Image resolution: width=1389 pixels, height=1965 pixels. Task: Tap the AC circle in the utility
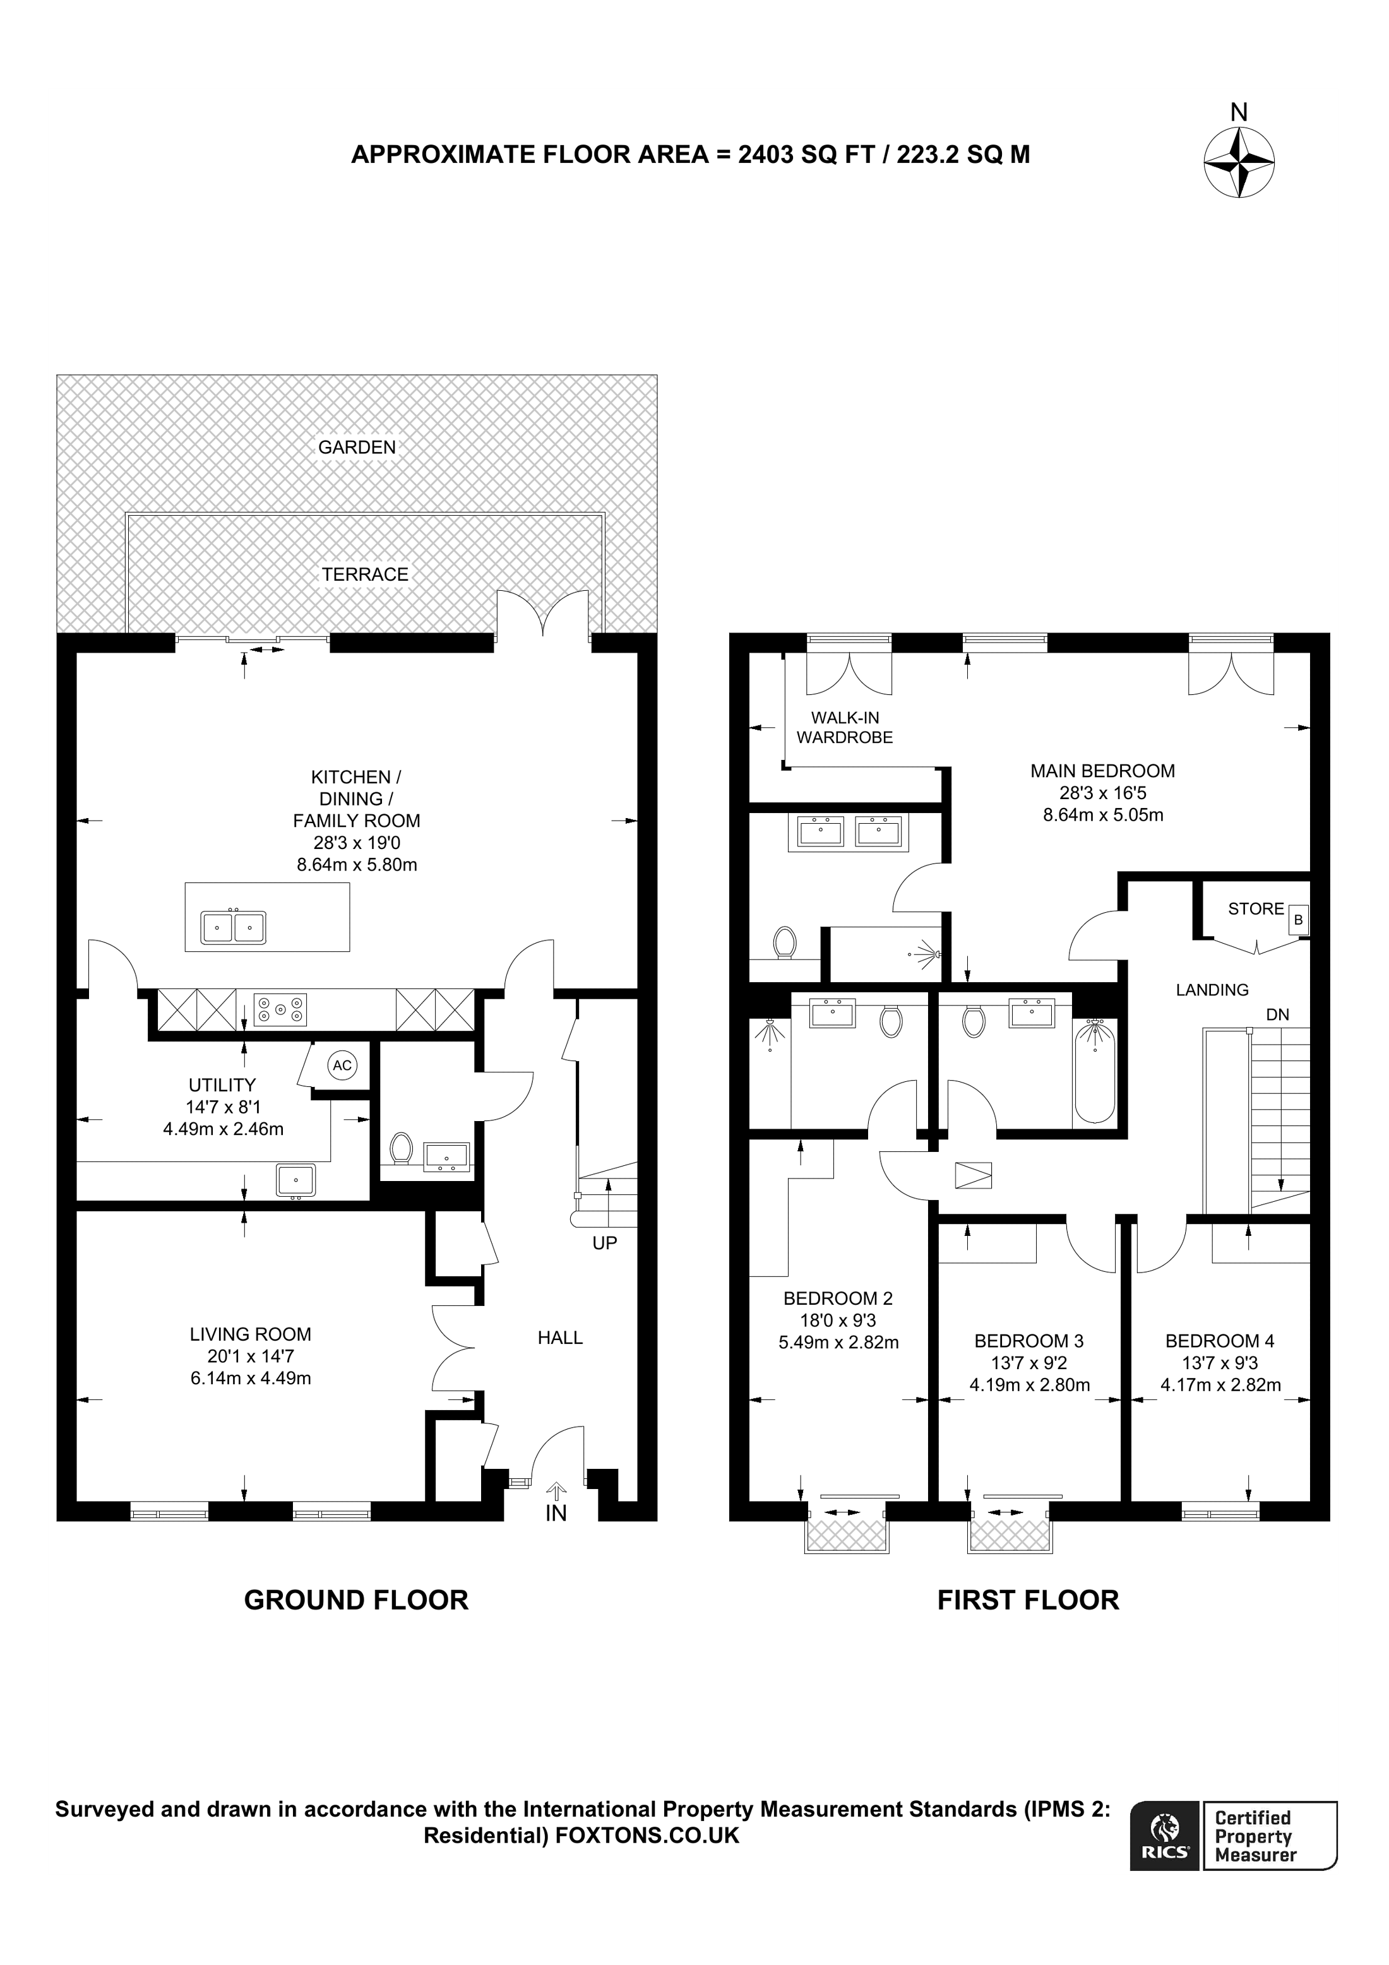[x=342, y=1066]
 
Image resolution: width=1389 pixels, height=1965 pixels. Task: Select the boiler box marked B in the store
[x=1298, y=920]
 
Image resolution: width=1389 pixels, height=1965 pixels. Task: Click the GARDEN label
[x=357, y=447]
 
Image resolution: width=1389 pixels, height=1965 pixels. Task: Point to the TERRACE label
[x=366, y=574]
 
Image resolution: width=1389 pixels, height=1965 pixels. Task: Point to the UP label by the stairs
[x=604, y=1243]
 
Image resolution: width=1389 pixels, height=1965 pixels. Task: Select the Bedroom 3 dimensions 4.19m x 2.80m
[x=1030, y=1385]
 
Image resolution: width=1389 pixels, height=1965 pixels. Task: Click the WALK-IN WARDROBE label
[x=845, y=727]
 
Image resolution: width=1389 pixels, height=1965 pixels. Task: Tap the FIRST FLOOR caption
[x=1028, y=1600]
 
